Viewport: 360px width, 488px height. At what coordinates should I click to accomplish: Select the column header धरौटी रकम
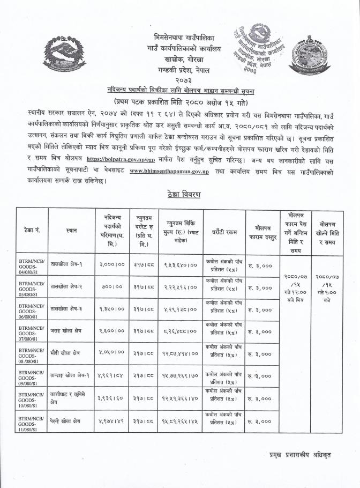point(223,231)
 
